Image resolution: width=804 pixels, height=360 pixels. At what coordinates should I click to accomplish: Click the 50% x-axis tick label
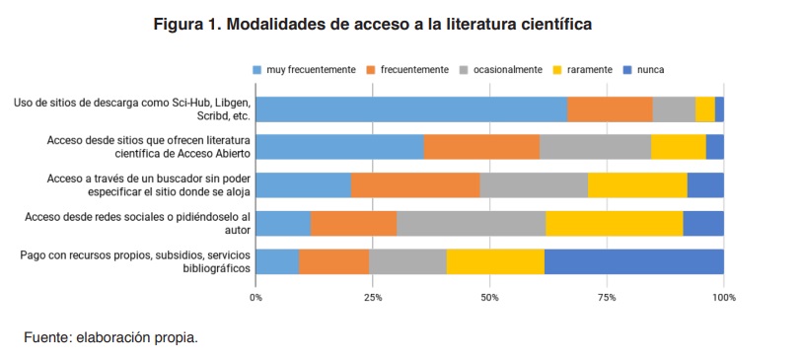(489, 296)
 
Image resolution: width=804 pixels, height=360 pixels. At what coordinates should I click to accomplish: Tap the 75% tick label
(607, 296)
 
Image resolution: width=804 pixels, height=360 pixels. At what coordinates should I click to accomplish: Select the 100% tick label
(723, 296)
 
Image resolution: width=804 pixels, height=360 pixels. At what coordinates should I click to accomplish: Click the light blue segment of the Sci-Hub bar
(411, 108)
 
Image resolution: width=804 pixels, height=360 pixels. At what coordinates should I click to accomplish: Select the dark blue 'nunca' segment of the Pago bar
(633, 261)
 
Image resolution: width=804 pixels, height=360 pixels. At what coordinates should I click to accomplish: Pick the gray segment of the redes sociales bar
(471, 223)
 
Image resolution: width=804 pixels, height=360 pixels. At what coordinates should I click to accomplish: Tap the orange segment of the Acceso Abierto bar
(481, 146)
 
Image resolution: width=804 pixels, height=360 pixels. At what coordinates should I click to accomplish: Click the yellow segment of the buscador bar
(637, 184)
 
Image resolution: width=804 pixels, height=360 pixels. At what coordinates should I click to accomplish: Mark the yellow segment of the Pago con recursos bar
(495, 261)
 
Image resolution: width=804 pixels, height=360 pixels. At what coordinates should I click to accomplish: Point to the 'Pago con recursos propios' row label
(134, 261)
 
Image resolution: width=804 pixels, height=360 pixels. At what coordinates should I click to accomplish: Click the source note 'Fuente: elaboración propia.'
(110, 337)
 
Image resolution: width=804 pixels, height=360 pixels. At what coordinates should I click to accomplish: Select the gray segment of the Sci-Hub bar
(674, 108)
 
